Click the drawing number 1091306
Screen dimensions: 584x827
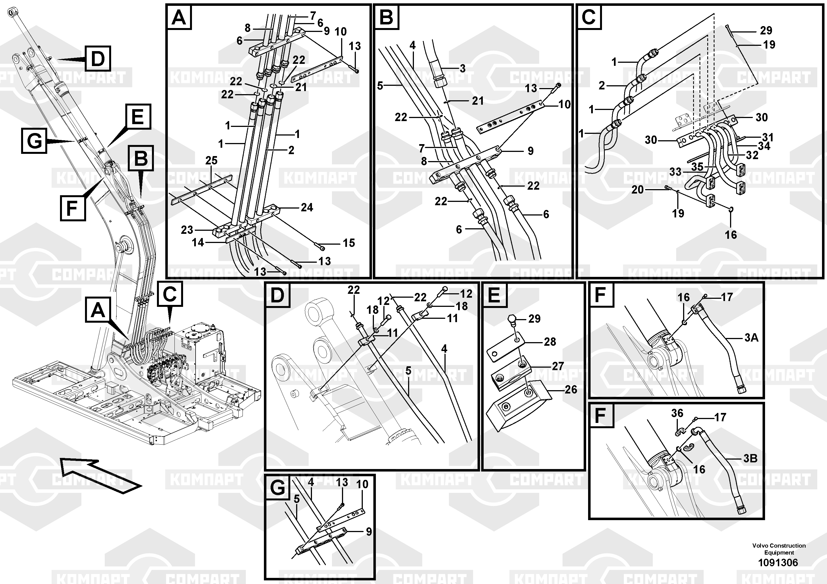click(778, 562)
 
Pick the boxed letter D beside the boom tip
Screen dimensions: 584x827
click(98, 58)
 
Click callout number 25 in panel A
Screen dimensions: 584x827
click(211, 161)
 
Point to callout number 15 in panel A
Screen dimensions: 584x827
click(349, 243)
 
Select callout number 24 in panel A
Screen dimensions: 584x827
click(307, 207)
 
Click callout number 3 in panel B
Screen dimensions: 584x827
click(463, 68)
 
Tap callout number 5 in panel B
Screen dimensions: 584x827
click(380, 86)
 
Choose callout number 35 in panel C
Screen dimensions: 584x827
click(697, 167)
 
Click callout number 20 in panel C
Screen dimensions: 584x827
click(638, 189)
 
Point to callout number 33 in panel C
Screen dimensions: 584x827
click(675, 172)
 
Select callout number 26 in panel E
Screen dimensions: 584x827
click(571, 389)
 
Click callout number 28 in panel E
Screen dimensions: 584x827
click(550, 342)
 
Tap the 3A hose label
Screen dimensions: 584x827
click(751, 338)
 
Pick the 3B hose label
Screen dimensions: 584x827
click(750, 459)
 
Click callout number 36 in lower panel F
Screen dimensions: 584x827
click(677, 413)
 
